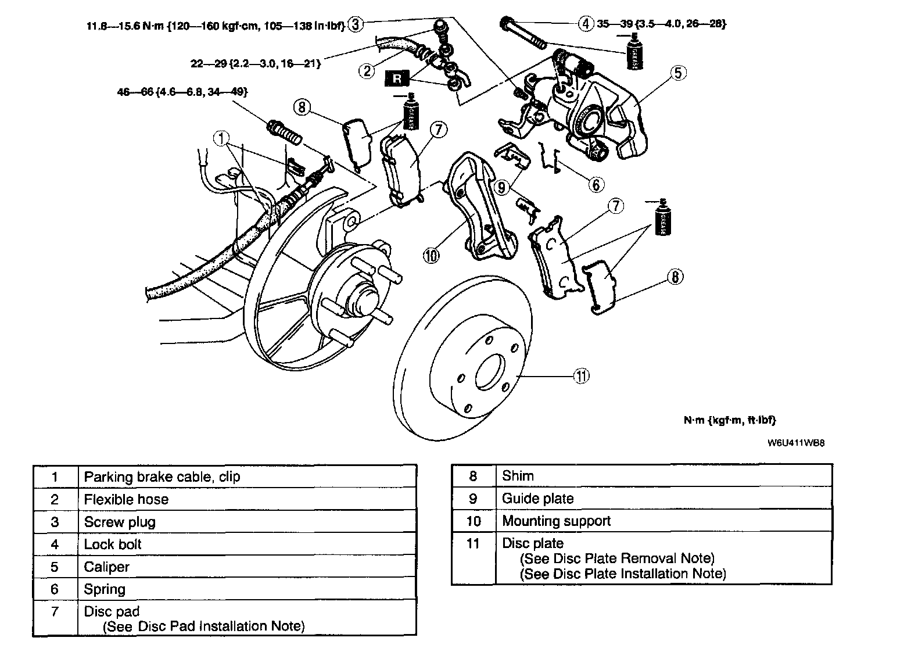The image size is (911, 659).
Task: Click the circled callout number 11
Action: (581, 376)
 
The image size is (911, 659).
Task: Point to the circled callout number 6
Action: (596, 184)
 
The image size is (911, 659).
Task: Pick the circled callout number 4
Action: (586, 23)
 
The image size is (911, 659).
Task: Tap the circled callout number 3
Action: (356, 24)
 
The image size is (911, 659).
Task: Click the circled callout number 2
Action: (367, 71)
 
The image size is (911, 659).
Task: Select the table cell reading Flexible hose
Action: (126, 499)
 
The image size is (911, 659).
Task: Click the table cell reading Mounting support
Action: (556, 521)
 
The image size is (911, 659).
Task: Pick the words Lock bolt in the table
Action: (113, 545)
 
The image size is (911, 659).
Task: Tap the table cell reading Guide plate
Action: (537, 499)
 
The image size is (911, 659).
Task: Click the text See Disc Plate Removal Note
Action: (616, 558)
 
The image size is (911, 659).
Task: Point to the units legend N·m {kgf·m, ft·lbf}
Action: (729, 420)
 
